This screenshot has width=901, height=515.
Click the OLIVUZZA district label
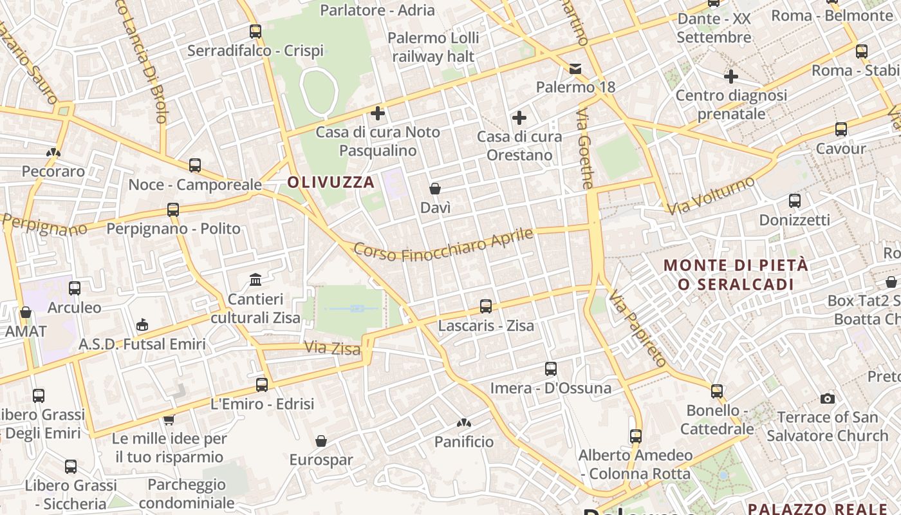coord(331,182)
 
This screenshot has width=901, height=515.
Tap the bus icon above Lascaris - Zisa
coord(486,306)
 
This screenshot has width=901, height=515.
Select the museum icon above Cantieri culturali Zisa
coord(255,280)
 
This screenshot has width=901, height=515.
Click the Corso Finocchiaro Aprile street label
coord(443,245)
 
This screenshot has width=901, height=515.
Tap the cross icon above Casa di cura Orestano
coord(519,118)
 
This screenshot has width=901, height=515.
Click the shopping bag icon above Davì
coord(435,189)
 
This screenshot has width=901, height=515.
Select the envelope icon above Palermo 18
coord(575,68)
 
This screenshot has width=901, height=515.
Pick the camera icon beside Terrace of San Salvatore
coord(828,398)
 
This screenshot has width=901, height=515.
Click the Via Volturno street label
coord(711,196)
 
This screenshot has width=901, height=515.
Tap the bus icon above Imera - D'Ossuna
coord(551,369)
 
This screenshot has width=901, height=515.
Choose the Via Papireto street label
coord(636,328)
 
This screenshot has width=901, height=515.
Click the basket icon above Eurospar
coord(321,441)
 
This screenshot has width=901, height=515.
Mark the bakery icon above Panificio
coord(463,423)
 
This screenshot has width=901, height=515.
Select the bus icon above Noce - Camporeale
coord(195,165)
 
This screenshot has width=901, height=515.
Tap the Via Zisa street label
coord(332,348)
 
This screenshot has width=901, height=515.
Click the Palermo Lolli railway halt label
coord(434,47)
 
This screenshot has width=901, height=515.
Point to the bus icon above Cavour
coord(841,129)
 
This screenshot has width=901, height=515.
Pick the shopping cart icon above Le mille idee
coord(169,420)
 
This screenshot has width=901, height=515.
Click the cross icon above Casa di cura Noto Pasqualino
coord(378,114)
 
